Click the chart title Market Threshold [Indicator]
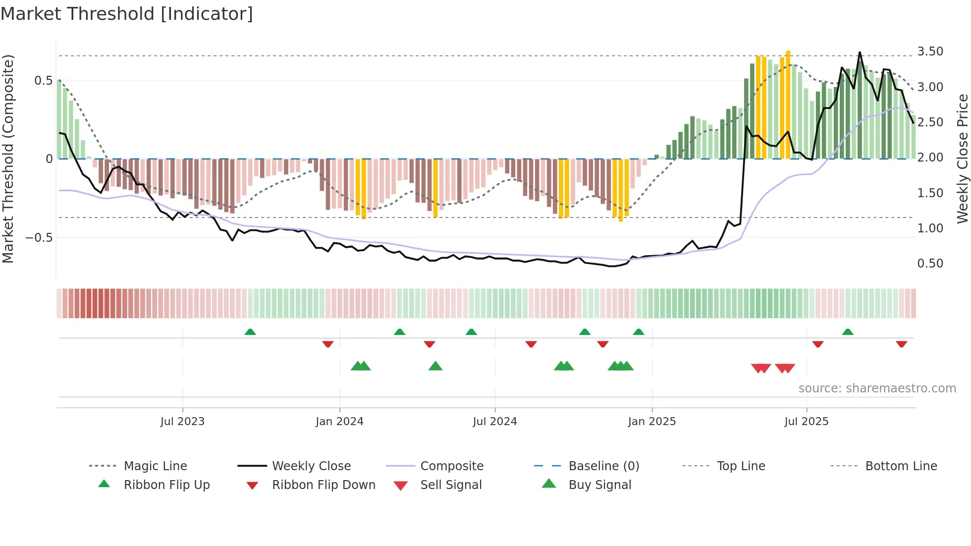point(127,14)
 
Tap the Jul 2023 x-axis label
point(182,422)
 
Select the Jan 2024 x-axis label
point(339,422)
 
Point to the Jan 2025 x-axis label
point(651,422)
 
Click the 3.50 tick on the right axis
point(930,52)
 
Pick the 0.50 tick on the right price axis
point(930,264)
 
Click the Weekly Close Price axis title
point(962,159)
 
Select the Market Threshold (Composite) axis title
point(8,159)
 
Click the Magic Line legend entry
point(155,466)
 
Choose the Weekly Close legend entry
point(311,466)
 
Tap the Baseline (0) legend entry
point(603,466)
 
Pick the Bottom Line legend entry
point(901,466)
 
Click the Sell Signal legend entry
point(451,485)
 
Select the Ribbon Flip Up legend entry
point(166,485)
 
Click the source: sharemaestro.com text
point(877,388)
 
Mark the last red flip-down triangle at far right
point(901,344)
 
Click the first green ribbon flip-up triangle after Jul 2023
point(250,332)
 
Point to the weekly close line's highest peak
point(860,52)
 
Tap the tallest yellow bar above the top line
point(788,104)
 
